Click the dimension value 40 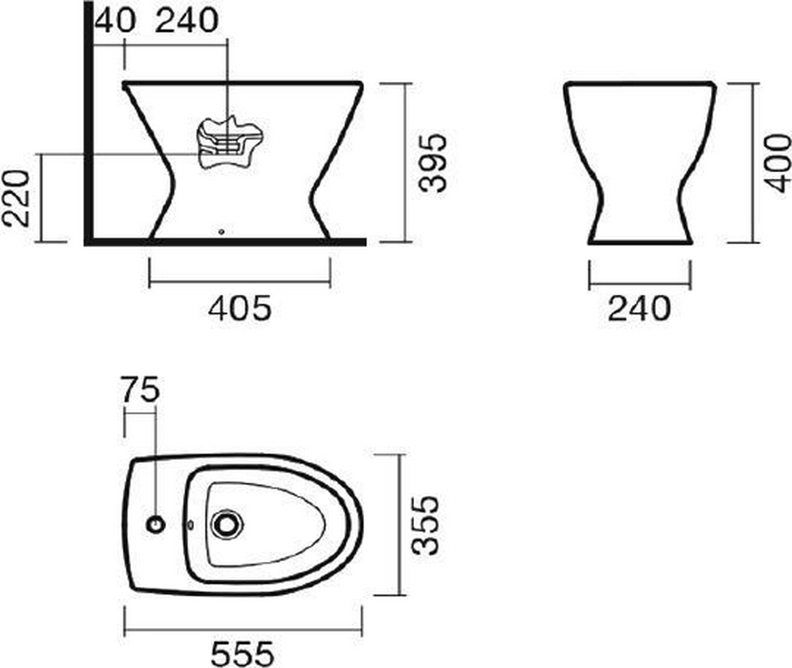pos(115,21)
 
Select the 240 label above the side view pos(187,21)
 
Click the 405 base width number pos(240,308)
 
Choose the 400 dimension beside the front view pos(777,163)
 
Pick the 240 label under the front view pos(639,308)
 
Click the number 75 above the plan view pos(141,390)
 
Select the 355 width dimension pos(426,525)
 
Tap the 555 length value pos(243,654)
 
